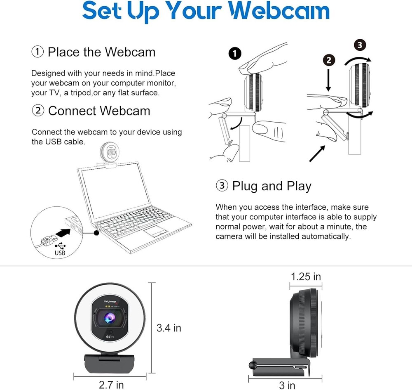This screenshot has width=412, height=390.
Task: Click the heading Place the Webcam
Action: point(101,52)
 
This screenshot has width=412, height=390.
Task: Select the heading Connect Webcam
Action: point(99,111)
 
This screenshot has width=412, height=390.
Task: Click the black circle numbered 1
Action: point(235,54)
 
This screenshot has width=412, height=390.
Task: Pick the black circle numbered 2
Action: point(328,60)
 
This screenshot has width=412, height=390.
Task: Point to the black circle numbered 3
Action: point(360,45)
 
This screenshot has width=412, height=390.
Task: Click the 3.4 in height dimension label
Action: point(169,328)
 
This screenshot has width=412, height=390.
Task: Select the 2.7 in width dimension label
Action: point(111,385)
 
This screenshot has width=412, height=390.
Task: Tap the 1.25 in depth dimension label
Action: point(306,276)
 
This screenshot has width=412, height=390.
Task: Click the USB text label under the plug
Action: point(60,253)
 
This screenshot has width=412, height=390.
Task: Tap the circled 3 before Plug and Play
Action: point(222,186)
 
